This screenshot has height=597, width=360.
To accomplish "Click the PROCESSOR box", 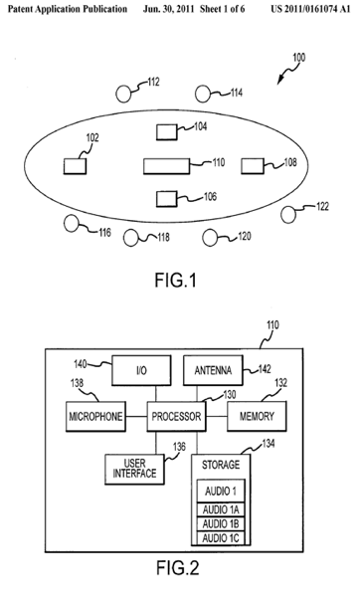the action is [176, 416].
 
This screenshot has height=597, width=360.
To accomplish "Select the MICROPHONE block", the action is [95, 416].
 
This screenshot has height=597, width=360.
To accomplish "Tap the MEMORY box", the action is [257, 416].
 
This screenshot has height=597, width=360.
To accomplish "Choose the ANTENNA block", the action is [213, 370].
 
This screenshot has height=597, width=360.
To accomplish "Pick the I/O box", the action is [141, 370].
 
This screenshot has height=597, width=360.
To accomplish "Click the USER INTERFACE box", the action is [134, 469].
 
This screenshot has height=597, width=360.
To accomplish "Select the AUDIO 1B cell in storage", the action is [221, 524].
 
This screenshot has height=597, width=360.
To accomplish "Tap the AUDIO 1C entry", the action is [221, 537].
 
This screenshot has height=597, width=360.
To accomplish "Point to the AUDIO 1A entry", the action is [221, 509].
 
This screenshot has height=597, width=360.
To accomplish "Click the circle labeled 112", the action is [123, 95].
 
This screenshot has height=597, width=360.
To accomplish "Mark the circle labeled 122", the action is [288, 214].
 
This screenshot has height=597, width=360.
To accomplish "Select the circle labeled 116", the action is [72, 224].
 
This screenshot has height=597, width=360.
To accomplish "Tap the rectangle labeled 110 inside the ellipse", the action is [166, 166].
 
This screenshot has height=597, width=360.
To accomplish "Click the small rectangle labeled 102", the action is [75, 166].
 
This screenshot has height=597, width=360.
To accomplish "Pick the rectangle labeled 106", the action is [167, 199].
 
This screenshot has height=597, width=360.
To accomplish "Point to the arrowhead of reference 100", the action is [278, 82].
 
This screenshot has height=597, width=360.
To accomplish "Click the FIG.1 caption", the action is [175, 281].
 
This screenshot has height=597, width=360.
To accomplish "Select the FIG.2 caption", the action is [178, 568].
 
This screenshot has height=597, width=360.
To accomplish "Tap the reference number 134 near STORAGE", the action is [269, 444].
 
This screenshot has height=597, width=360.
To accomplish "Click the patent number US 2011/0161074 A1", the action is [310, 9].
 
